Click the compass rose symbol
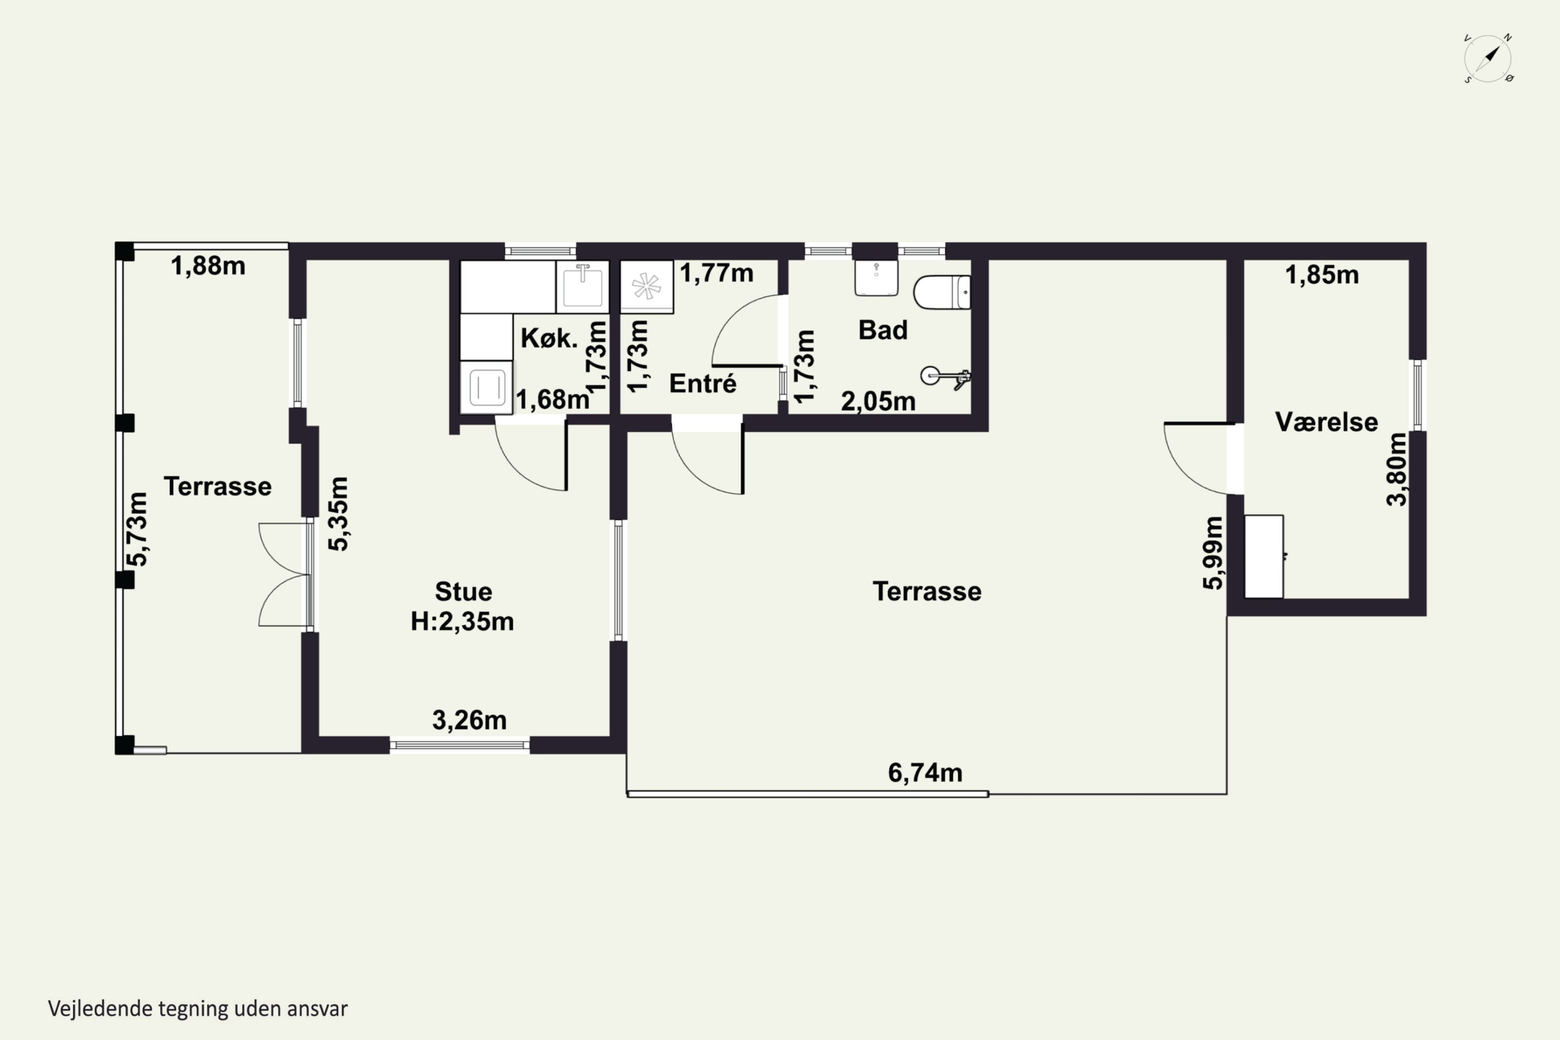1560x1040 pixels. pos(1488,58)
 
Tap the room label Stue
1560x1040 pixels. pos(463,591)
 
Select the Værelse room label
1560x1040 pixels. pos(1326,422)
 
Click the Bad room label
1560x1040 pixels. pos(882,330)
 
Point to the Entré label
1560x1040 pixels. pos(703,383)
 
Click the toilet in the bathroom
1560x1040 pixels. pos(942,292)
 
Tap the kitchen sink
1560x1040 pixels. pos(582,287)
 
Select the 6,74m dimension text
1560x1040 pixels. pos(925,773)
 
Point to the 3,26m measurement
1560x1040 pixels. pos(469,720)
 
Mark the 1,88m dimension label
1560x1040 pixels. pos(207,265)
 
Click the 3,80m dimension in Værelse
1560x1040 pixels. pos(1396,469)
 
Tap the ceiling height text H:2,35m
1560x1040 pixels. pos(462,621)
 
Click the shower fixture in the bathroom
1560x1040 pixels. pos(946,378)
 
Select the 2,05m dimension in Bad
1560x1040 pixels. pos(878,400)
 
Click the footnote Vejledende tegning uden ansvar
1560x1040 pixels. pos(198,1009)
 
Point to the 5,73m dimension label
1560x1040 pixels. pos(137,529)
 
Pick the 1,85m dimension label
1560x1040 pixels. pos(1322,275)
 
